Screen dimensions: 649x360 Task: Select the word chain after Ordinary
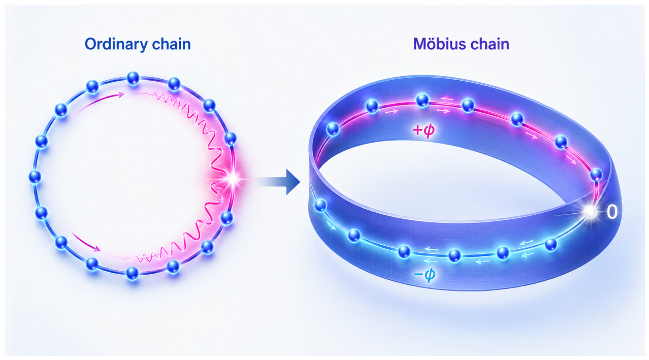click(x=171, y=44)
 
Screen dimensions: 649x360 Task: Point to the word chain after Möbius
click(x=490, y=44)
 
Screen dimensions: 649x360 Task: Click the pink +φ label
click(x=424, y=130)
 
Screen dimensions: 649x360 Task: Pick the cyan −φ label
click(x=425, y=274)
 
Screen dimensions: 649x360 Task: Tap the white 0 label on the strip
click(x=611, y=212)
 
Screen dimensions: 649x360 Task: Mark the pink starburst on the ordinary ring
click(x=233, y=179)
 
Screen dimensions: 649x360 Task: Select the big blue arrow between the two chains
click(x=278, y=182)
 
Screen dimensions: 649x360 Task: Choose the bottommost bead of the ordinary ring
click(x=133, y=273)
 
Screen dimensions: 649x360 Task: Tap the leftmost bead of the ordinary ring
click(x=35, y=177)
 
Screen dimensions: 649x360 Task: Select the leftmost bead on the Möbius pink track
click(x=333, y=129)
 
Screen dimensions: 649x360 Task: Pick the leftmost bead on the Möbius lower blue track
click(x=320, y=205)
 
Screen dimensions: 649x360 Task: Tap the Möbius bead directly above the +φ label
click(x=422, y=101)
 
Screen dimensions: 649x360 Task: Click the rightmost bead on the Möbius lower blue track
click(x=551, y=244)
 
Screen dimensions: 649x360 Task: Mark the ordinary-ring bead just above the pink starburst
click(x=231, y=139)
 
